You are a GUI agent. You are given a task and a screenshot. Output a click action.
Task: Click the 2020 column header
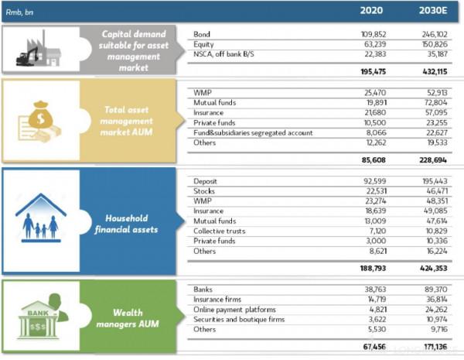tap(373, 12)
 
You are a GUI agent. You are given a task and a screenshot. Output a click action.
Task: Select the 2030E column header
tap(428, 12)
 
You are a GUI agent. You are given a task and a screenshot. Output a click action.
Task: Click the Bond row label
tap(203, 35)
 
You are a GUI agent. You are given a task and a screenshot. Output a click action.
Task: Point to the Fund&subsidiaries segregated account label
tap(254, 132)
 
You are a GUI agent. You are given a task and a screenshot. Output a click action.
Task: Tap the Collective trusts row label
tap(223, 230)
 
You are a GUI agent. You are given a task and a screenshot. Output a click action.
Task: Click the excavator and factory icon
tap(39, 51)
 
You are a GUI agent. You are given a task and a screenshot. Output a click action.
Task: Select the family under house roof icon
tap(40, 218)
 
